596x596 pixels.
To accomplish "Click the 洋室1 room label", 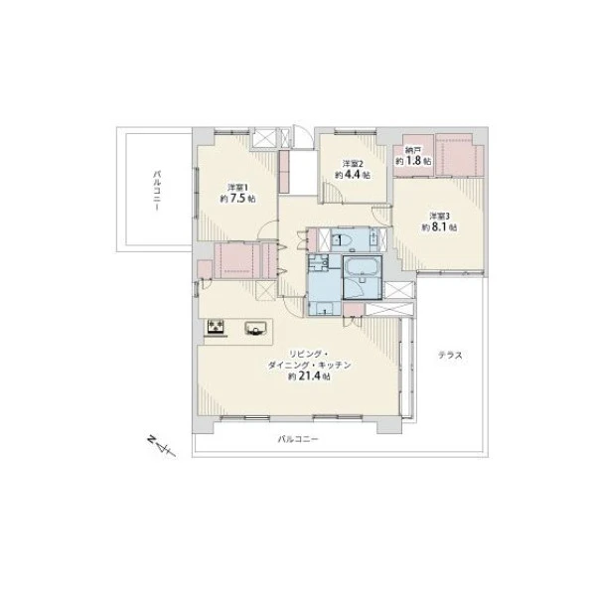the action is pyautogui.click(x=237, y=188).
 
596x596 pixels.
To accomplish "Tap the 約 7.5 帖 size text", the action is pyautogui.click(x=237, y=199).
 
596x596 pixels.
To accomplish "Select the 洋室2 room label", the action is pyautogui.click(x=353, y=164).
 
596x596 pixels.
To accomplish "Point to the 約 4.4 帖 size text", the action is pyautogui.click(x=353, y=175).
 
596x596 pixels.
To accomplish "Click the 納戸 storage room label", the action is pyautogui.click(x=413, y=150).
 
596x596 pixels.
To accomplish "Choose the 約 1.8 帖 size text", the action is pyautogui.click(x=413, y=161).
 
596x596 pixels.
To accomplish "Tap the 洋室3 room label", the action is pyautogui.click(x=440, y=216).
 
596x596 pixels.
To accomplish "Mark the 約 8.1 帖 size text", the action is pyautogui.click(x=440, y=227).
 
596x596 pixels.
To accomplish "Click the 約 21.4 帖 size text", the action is pyautogui.click(x=309, y=376).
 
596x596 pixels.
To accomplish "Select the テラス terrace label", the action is pyautogui.click(x=450, y=356).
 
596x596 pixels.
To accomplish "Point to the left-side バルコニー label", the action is pyautogui.click(x=157, y=191).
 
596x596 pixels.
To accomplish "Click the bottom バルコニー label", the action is pyautogui.click(x=298, y=439).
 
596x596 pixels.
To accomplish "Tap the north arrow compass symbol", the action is pyautogui.click(x=161, y=446).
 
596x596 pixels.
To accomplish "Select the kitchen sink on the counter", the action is pyautogui.click(x=256, y=328).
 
